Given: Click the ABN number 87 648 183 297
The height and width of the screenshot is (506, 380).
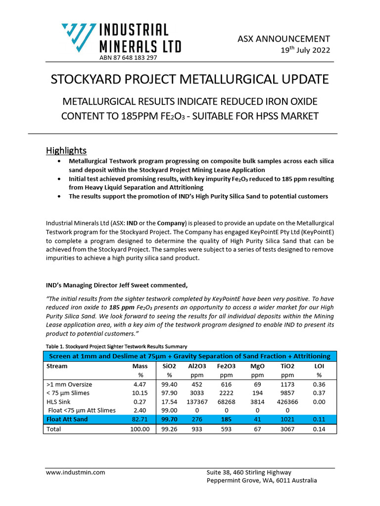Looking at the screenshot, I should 128,58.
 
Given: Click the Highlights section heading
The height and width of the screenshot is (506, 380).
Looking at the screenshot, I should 66,150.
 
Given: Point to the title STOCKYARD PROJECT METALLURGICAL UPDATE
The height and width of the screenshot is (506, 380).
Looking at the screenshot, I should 190,79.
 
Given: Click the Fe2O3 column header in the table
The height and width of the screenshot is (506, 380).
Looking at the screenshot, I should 226,367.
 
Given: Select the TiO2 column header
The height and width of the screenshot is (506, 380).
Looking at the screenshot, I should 287,367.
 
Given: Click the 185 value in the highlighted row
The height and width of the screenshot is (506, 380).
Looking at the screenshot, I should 226,420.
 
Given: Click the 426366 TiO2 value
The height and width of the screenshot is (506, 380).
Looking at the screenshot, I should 287,402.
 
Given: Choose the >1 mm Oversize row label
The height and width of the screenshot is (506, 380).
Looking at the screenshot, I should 69,384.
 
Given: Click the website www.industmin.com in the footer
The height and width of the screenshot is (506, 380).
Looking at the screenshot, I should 75,472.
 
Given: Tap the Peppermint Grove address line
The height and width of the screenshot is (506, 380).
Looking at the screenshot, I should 262,481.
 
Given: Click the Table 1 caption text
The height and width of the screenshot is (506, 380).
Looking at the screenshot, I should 116,346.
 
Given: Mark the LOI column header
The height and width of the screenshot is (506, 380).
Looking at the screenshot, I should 320,367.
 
